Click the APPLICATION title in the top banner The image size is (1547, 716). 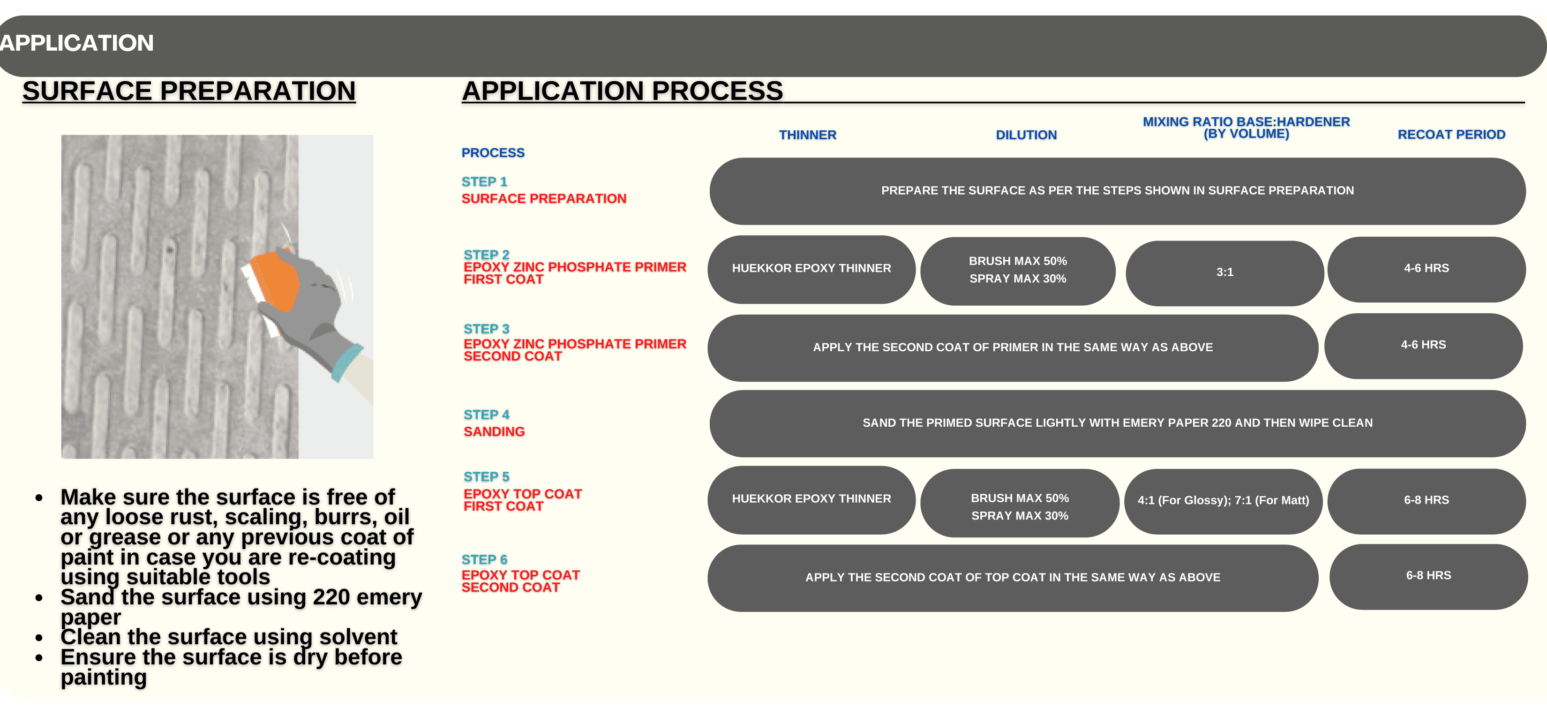coord(76,43)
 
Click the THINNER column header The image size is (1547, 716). coord(807,135)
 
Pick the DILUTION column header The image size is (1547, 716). coord(1026,135)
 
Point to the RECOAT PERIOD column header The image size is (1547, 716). coord(1451,135)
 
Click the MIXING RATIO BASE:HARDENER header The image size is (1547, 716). coord(1246,128)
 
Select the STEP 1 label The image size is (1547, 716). coord(484,181)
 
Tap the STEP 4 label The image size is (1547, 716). coord(487,415)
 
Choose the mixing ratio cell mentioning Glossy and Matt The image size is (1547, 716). coord(1224,501)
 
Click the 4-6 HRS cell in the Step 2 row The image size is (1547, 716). coord(1427,269)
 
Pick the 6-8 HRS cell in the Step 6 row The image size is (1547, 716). coord(1429,576)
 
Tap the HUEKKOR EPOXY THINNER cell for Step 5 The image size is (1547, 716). coord(811,499)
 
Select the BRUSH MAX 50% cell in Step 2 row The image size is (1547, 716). coord(1018,270)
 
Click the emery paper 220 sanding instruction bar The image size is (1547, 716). coord(1118,423)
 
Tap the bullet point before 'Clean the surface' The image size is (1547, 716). coord(39,637)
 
